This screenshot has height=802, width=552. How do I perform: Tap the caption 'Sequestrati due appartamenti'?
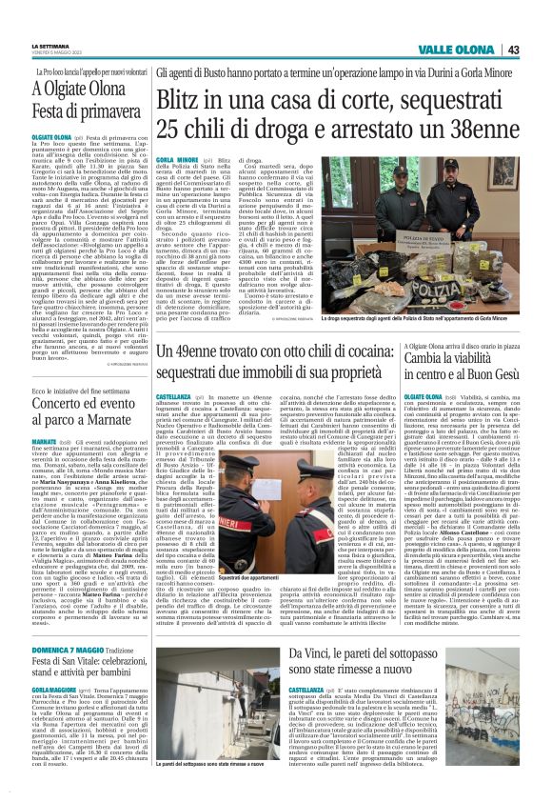pos(239,577)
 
